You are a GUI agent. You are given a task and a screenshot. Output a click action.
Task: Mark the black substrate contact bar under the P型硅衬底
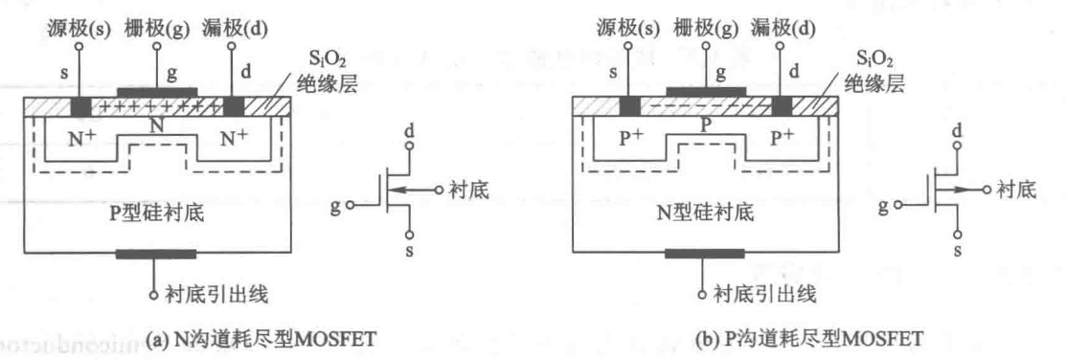153,256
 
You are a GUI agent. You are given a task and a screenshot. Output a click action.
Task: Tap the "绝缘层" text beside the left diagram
314,83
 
